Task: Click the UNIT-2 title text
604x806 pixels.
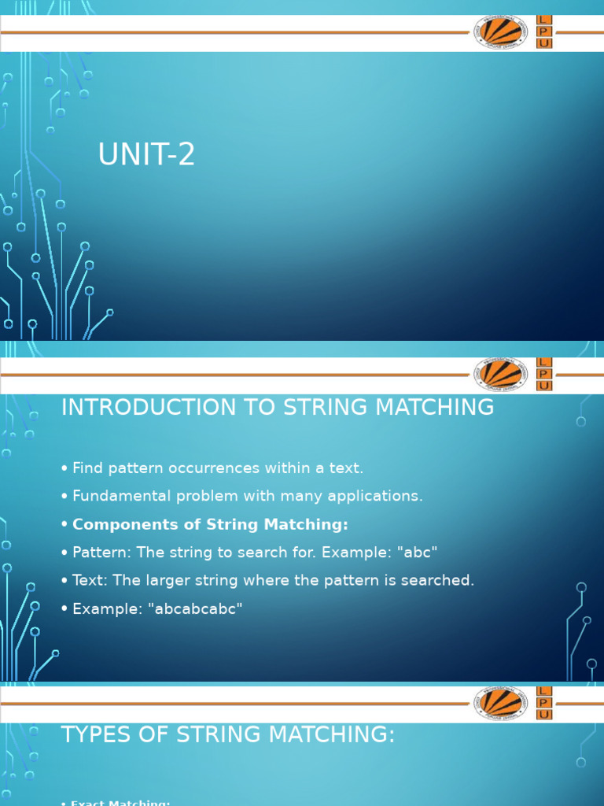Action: [x=146, y=156]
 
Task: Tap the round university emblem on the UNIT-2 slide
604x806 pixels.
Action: [x=499, y=32]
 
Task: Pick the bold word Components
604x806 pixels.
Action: [x=116, y=525]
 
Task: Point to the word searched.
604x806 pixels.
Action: [x=442, y=581]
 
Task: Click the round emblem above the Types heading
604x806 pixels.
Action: [x=499, y=702]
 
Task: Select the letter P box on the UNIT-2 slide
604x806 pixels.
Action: [x=544, y=31]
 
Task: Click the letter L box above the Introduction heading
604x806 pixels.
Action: [x=544, y=363]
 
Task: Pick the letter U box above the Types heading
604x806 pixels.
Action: [x=544, y=715]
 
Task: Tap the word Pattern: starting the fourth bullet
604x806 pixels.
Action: [x=99, y=553]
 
